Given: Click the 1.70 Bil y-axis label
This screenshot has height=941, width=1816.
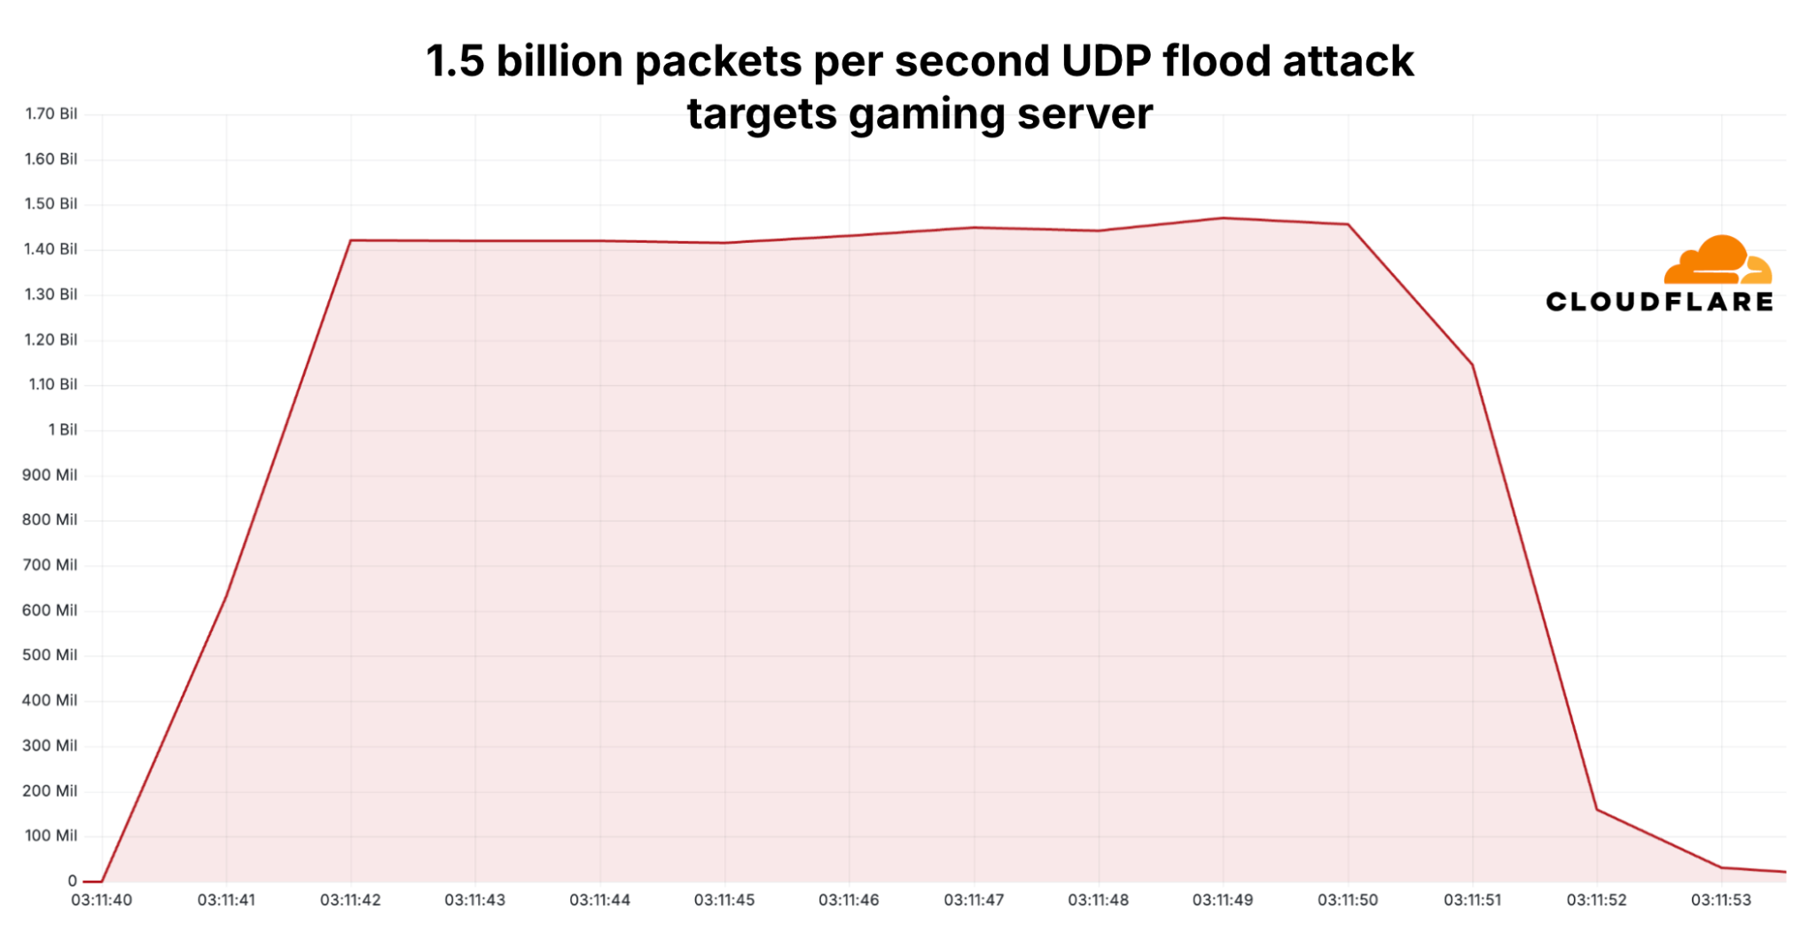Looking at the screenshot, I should [51, 114].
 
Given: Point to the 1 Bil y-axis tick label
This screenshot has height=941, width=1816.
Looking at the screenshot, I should [62, 429].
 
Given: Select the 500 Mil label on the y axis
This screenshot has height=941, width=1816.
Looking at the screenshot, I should [50, 655].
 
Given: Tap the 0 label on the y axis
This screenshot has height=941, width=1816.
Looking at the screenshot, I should [73, 881].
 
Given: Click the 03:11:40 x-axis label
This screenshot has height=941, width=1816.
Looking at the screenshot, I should [101, 899].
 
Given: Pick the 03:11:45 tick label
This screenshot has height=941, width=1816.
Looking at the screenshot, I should [724, 899].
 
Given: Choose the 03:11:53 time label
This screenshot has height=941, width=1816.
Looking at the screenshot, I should [1721, 899].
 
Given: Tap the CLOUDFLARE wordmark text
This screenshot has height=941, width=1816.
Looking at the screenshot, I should [1659, 302].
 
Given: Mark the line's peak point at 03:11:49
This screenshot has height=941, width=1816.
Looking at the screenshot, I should [1224, 218].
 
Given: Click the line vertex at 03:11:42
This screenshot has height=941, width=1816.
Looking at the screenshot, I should [351, 240].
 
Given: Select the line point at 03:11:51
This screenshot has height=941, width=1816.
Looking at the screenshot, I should [1473, 365].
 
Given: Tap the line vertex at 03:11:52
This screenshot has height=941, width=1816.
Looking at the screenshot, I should [1597, 809].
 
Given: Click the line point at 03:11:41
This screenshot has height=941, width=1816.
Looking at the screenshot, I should [226, 595].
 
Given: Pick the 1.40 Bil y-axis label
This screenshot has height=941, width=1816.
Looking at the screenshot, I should [51, 249].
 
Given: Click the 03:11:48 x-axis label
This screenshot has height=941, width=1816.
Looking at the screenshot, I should [1099, 899].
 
